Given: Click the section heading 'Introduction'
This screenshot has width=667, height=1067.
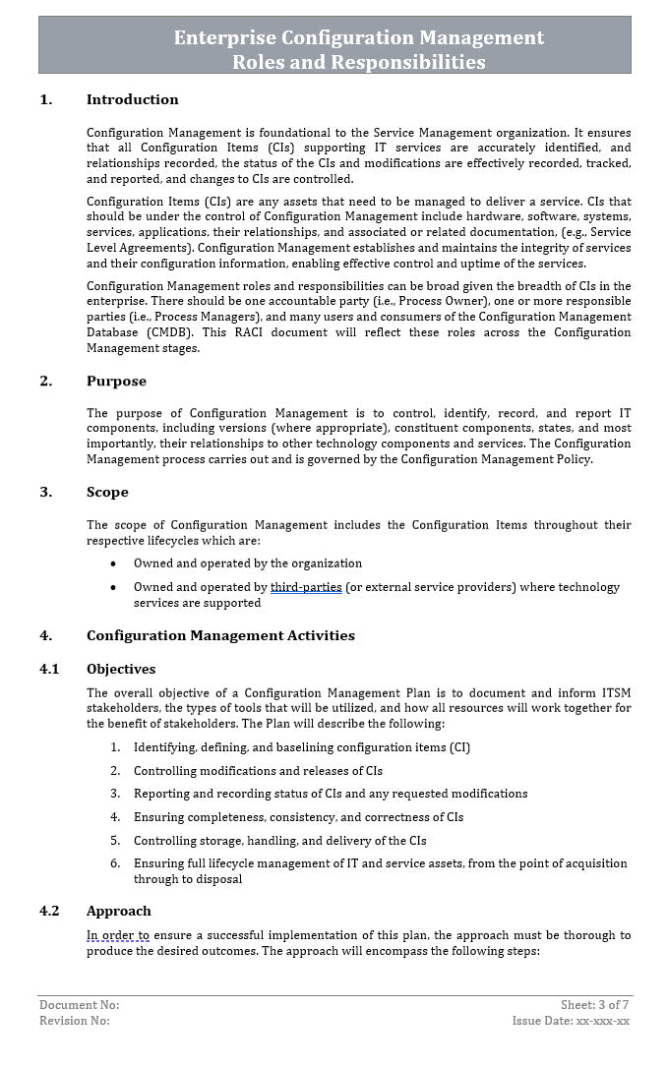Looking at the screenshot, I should [132, 99].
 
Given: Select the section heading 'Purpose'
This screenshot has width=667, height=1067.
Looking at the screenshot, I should [116, 381].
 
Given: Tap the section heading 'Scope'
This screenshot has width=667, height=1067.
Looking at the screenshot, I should [107, 492].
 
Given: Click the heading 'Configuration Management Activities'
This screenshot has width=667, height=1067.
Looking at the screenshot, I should [220, 635].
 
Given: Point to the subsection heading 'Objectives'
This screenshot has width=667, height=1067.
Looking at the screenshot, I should [120, 669].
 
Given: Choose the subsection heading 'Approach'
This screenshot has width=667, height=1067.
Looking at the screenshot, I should [118, 911].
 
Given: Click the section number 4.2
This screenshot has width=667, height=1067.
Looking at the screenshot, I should [49, 911].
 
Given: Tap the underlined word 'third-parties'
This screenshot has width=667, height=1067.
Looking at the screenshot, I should [306, 587].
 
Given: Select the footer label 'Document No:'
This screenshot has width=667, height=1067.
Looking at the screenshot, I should [79, 1005].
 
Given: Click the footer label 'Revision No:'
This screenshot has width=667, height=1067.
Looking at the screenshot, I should [75, 1021].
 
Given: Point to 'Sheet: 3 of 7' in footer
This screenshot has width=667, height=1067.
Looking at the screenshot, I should [594, 1005].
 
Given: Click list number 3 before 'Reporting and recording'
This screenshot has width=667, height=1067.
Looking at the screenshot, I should [115, 794].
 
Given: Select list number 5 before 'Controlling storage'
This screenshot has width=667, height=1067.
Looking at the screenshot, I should [115, 841].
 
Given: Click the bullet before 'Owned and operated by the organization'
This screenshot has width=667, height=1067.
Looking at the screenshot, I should [113, 563].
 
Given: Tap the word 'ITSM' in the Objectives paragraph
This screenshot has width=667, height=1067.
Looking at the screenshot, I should [616, 692].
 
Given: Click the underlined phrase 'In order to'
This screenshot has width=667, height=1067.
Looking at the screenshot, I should [118, 935].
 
